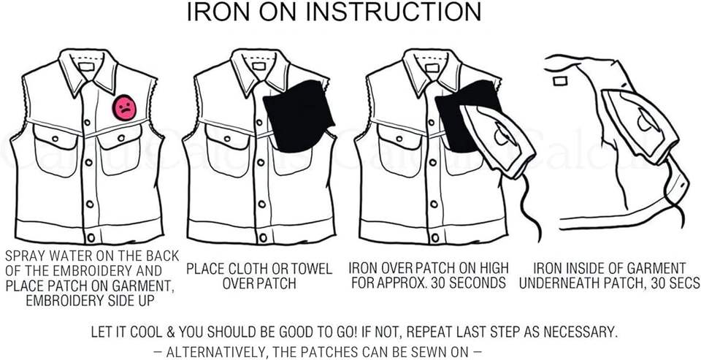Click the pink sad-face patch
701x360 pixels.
(x=124, y=108)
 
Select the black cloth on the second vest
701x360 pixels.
(x=299, y=116)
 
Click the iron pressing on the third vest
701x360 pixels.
(x=497, y=142)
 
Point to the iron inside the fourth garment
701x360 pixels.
(x=640, y=126)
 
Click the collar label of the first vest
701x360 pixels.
(x=86, y=66)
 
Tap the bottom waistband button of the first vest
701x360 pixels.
(x=91, y=237)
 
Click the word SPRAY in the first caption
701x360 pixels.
(x=23, y=256)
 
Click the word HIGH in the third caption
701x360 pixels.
(x=494, y=268)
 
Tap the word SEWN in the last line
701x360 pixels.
(x=420, y=352)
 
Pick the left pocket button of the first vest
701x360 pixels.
(x=55, y=138)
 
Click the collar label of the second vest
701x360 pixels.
(x=258, y=66)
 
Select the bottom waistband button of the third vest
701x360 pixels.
(x=435, y=237)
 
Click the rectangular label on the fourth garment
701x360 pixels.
(x=560, y=81)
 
